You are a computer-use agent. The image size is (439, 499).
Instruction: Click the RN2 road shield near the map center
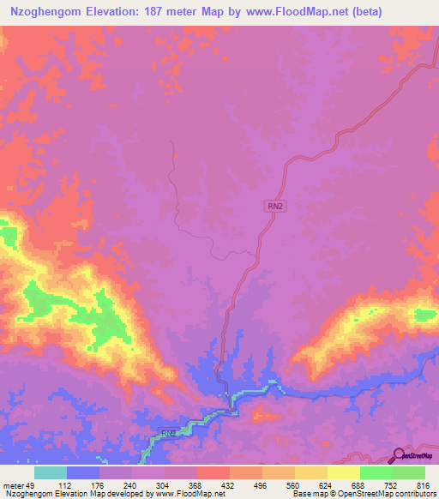pos(273,205)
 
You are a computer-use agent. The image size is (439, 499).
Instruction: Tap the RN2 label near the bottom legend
pos(169,434)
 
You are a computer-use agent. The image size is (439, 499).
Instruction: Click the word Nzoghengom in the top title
pos(42,12)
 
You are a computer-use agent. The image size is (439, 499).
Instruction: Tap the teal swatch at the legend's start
pos(50,473)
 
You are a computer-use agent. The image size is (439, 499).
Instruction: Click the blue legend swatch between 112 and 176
pos(82,473)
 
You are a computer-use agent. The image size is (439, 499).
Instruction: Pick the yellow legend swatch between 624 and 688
pos(343,473)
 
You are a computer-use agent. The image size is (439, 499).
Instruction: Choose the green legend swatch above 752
pos(376,473)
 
